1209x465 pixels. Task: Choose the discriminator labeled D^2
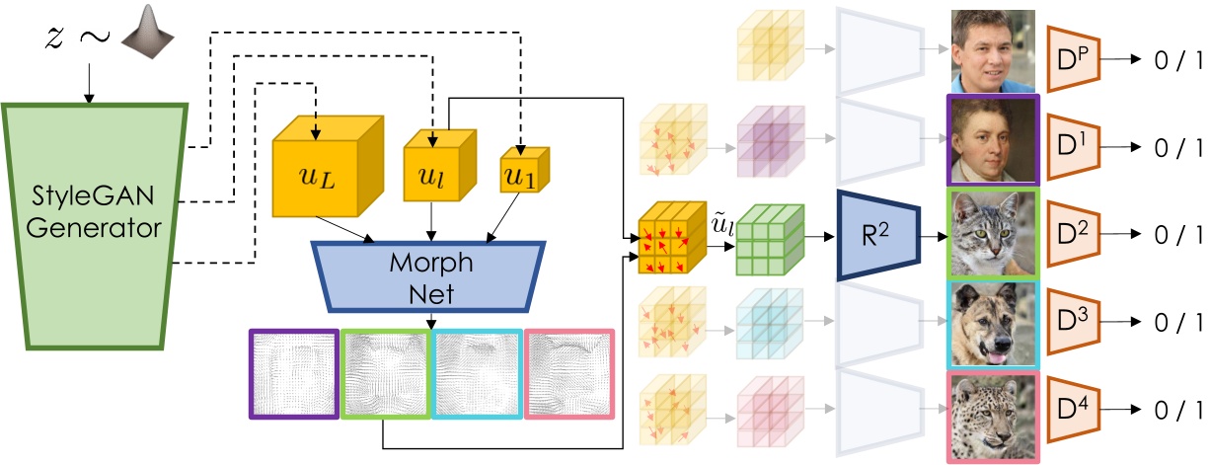pos(1077,236)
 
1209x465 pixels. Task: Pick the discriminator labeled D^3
pos(1077,322)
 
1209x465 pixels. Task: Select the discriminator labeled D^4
pos(1077,409)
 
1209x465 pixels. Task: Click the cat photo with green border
pos(992,235)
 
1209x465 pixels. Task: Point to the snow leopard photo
pos(992,416)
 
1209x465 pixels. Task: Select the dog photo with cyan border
pos(992,325)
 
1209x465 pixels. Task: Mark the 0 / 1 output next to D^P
pos(1175,61)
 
